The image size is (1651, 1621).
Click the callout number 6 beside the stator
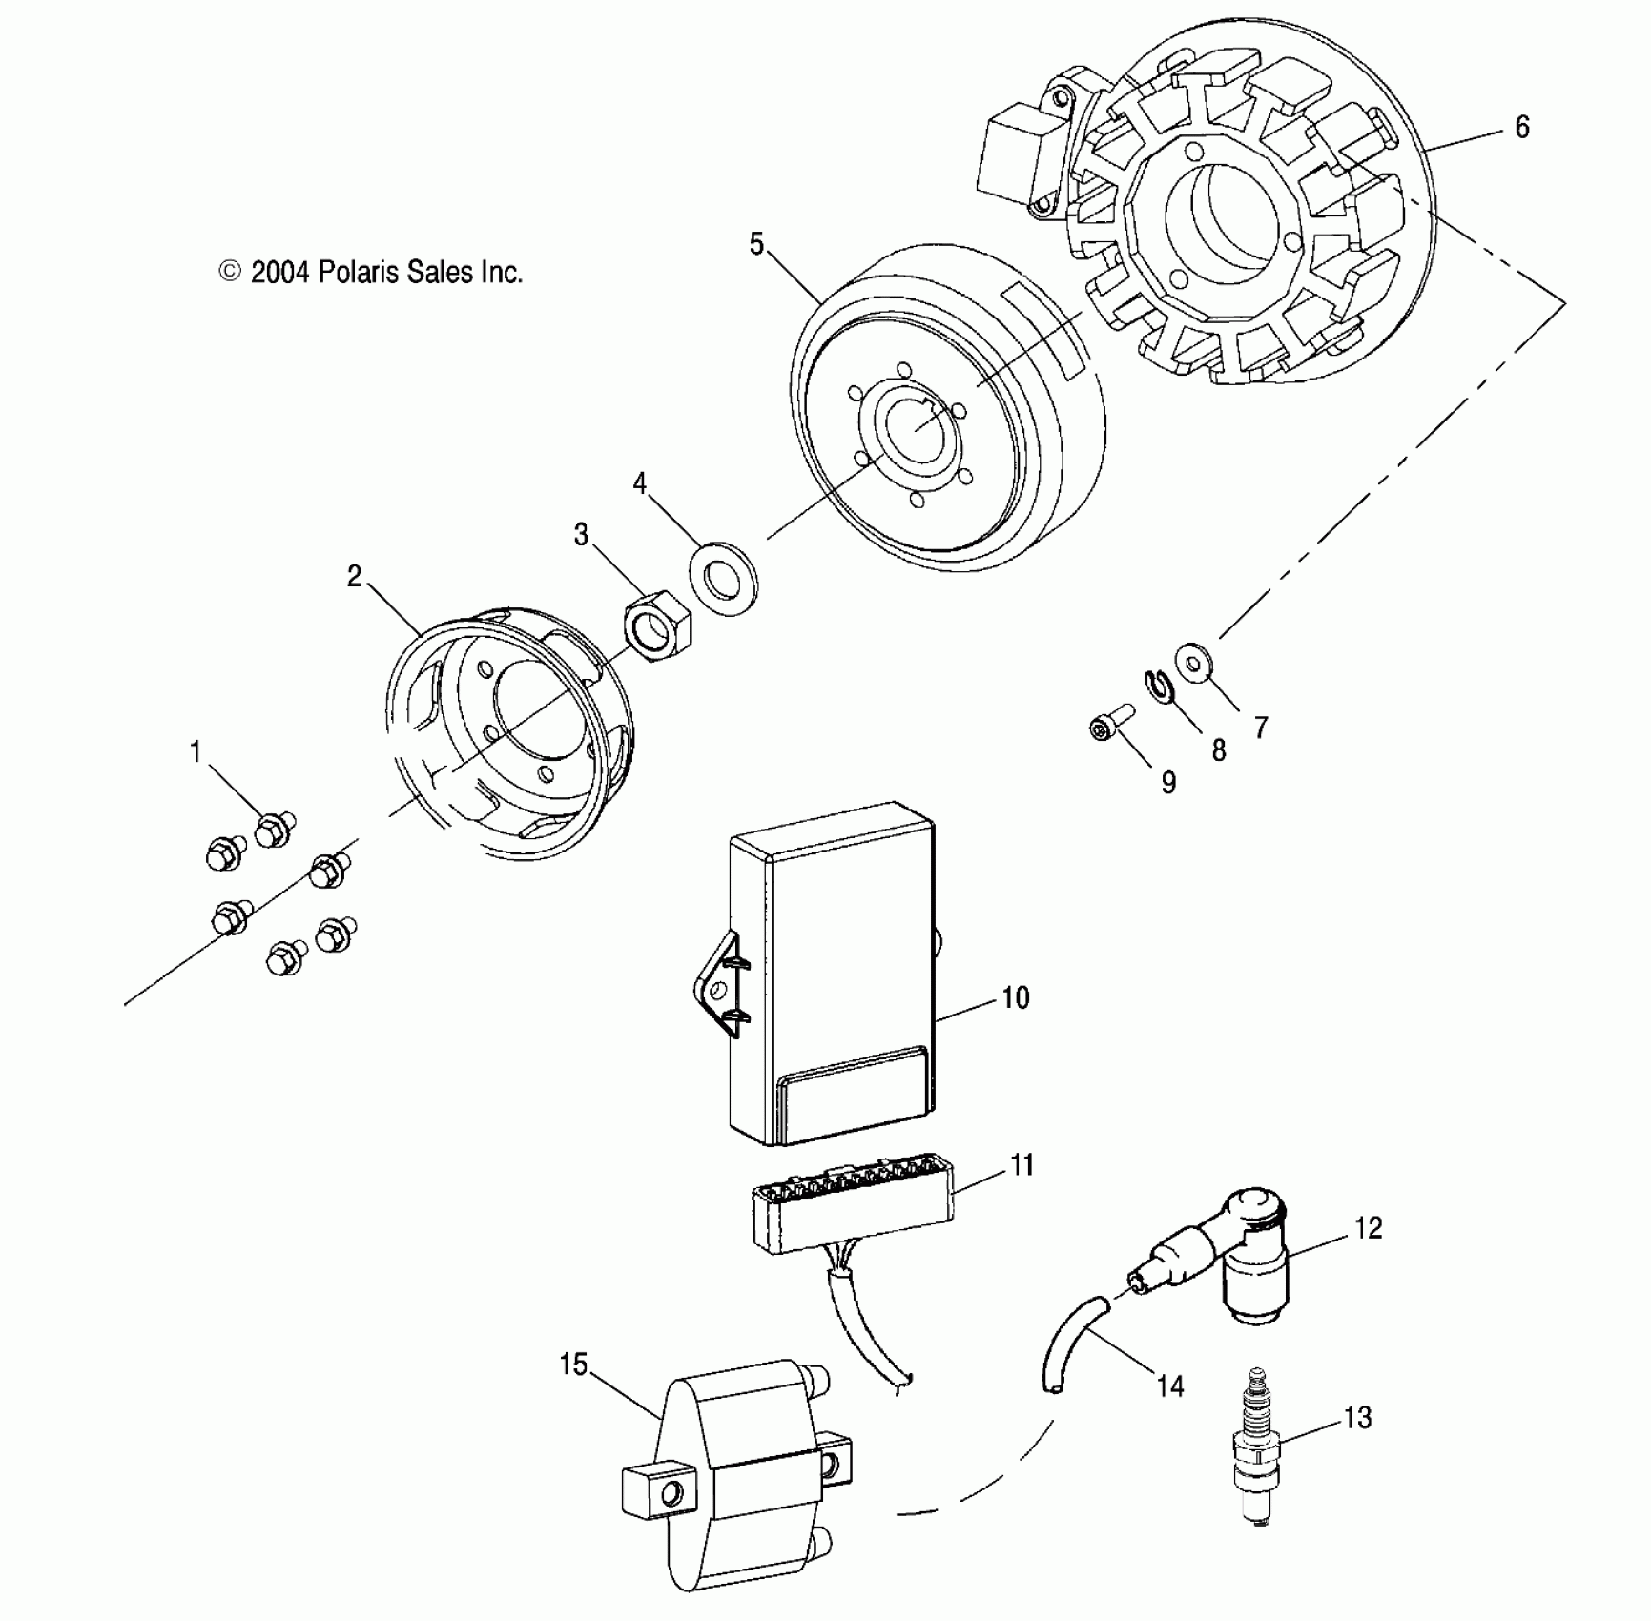pos(1521,128)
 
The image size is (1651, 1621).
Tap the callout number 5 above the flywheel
pos(756,245)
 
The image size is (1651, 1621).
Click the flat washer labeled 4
pos(723,578)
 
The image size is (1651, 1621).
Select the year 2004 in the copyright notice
pos(279,273)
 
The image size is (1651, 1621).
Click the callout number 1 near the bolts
pos(196,753)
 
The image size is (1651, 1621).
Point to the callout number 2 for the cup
pos(354,577)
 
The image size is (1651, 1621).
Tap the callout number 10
pos(1015,998)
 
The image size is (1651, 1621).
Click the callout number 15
pos(572,1365)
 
